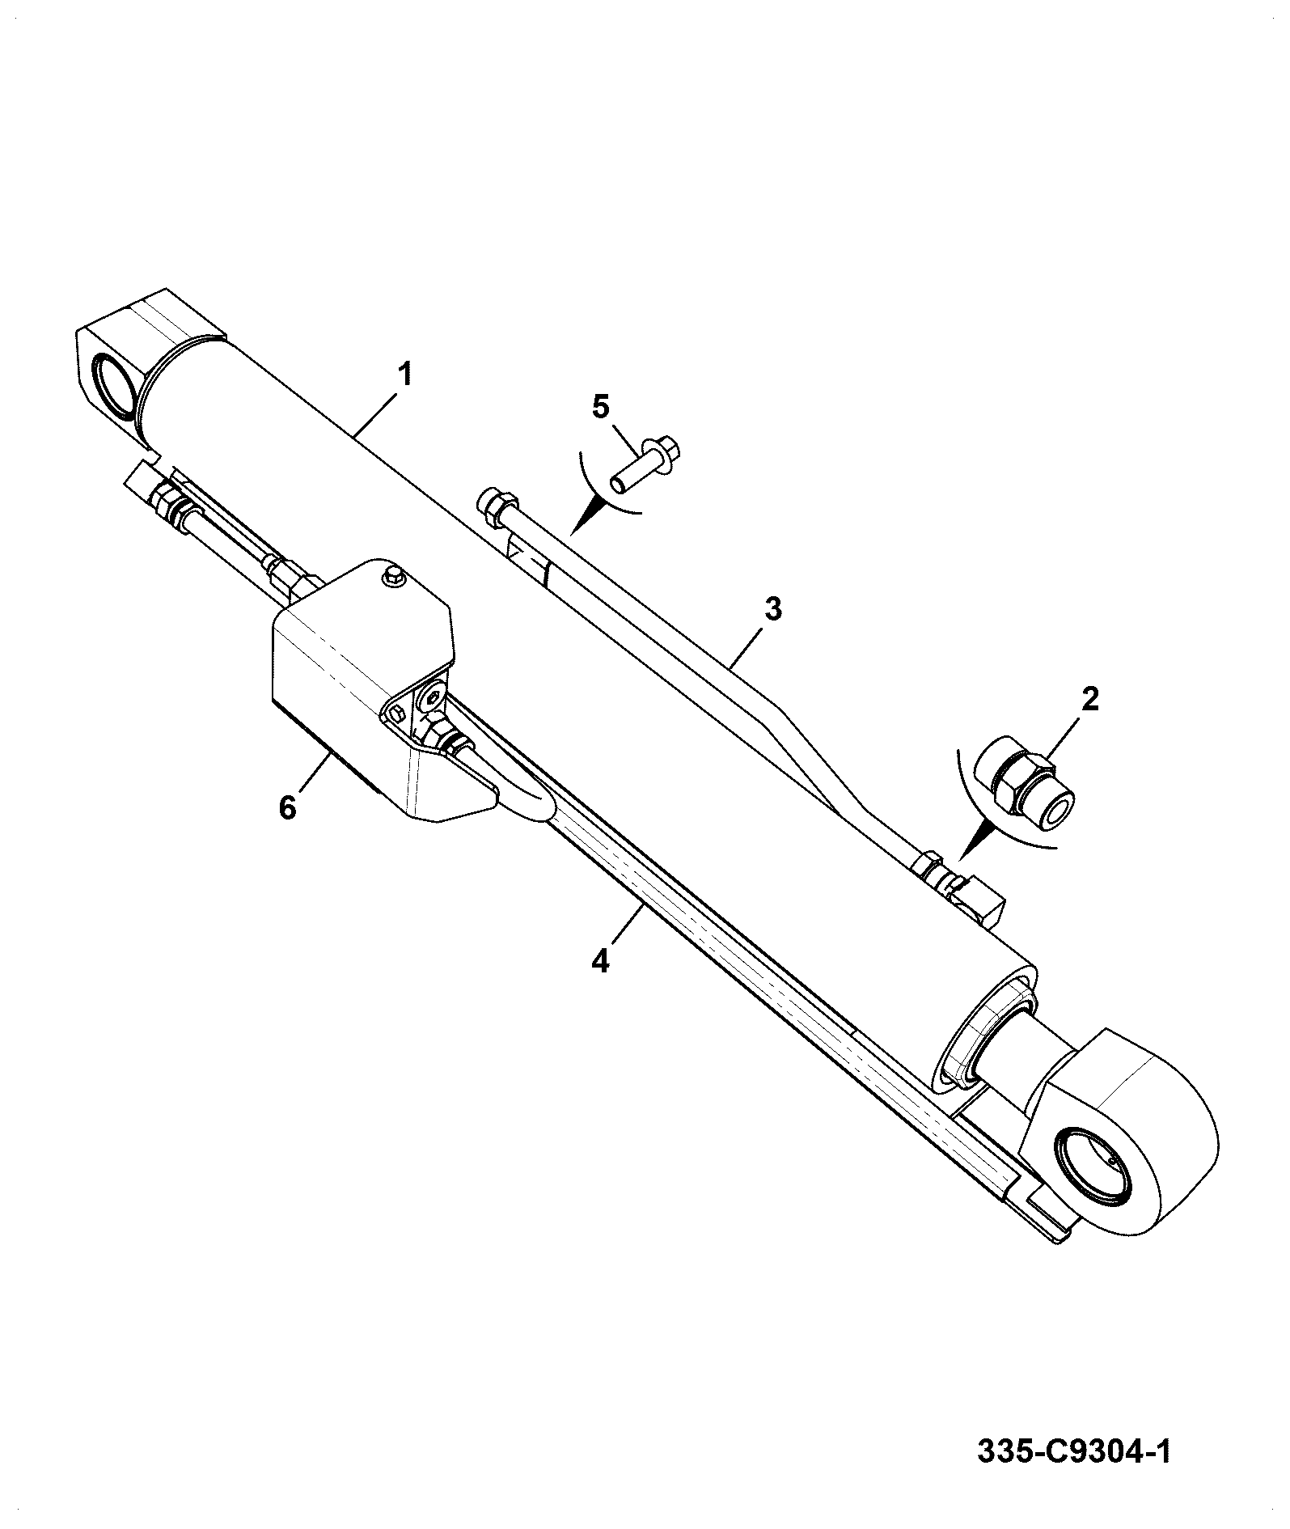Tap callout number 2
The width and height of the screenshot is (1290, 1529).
coord(1091,700)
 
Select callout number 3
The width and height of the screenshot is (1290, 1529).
coord(774,608)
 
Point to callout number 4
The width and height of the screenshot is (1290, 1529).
coord(599,961)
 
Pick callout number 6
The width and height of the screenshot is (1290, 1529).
coord(288,807)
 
